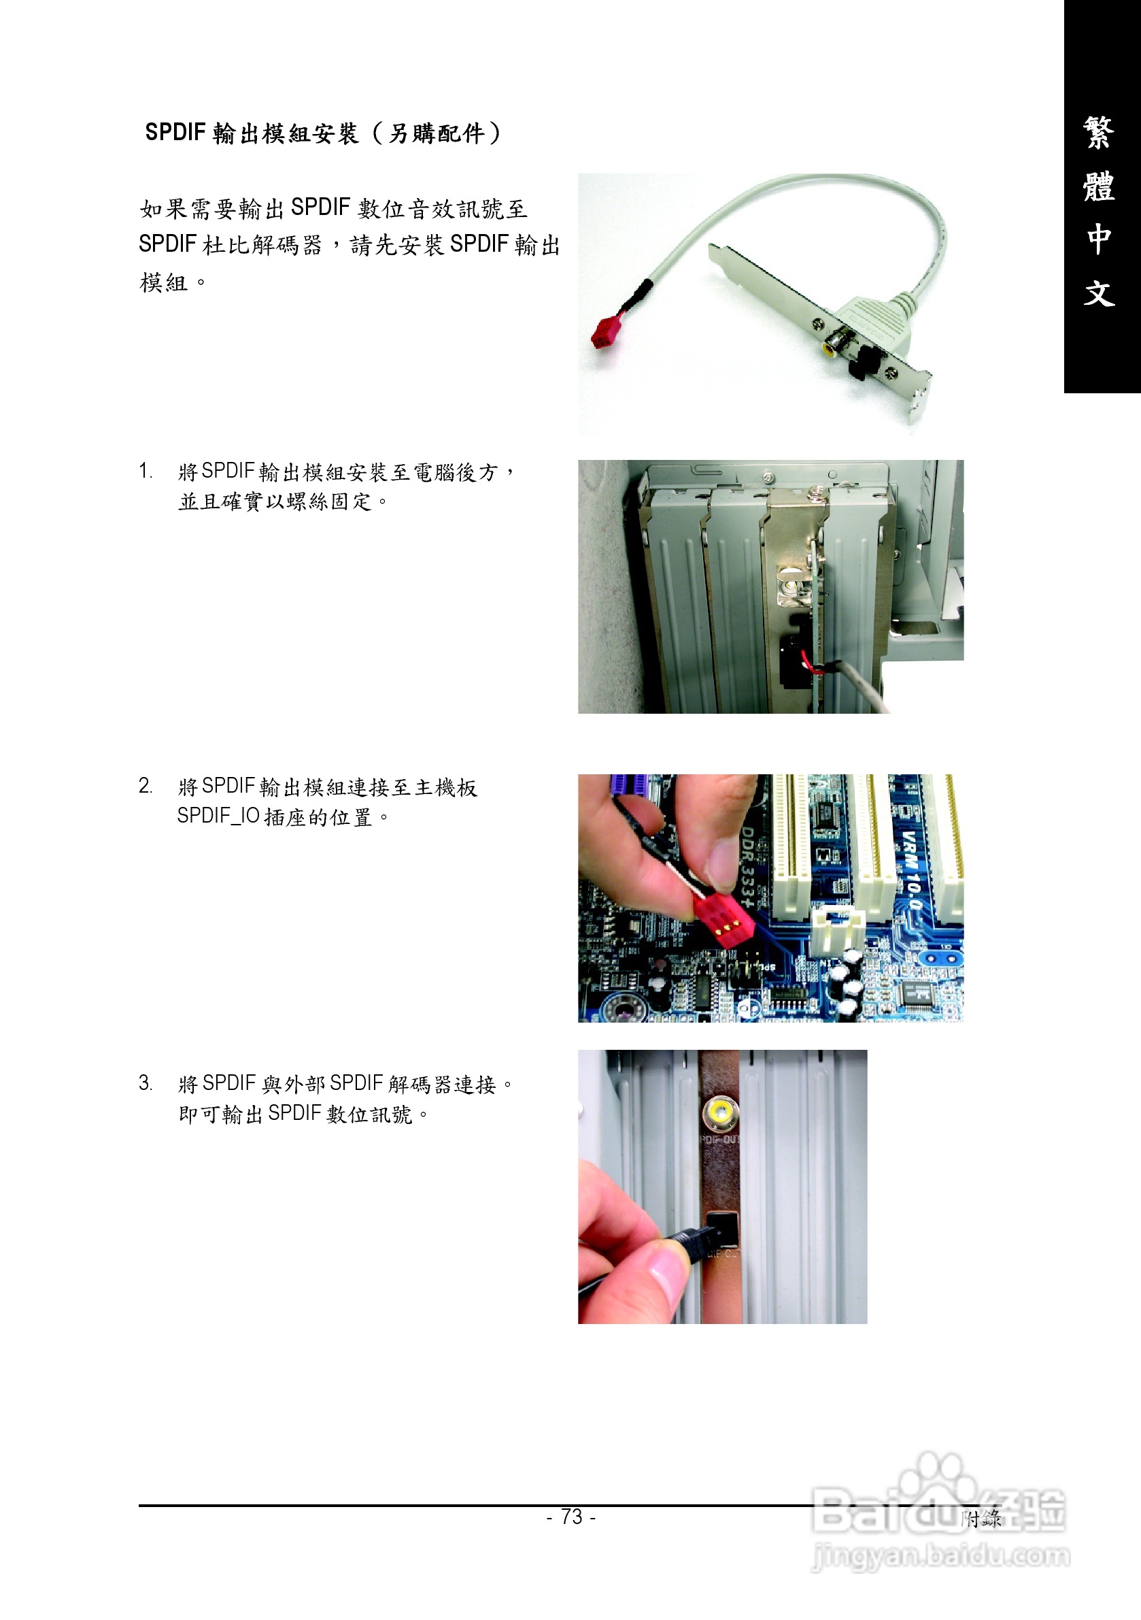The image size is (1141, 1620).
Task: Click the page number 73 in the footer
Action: tap(571, 1517)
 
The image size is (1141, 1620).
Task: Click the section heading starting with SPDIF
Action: tap(323, 133)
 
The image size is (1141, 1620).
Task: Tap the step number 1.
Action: tap(146, 471)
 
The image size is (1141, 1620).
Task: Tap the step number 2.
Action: tap(146, 785)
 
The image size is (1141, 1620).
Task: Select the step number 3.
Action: tap(146, 1082)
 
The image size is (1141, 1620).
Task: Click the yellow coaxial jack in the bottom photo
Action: tap(721, 1114)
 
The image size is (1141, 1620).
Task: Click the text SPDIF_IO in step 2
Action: tap(218, 816)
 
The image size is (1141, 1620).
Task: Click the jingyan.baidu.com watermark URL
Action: tap(940, 1555)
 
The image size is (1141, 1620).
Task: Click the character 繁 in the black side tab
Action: tap(1099, 133)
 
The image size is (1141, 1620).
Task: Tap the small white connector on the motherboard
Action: tap(838, 931)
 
